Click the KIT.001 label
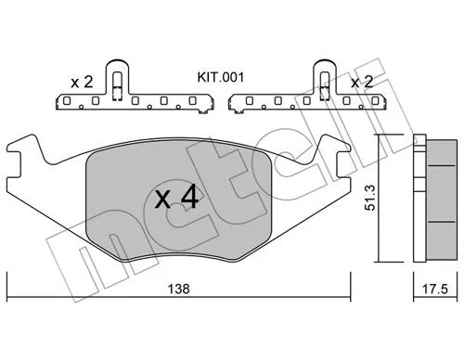[221, 77]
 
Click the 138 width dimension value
[178, 289]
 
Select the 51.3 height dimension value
[370, 198]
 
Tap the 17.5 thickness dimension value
[435, 290]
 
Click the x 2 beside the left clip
[82, 83]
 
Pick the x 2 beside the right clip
[362, 83]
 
